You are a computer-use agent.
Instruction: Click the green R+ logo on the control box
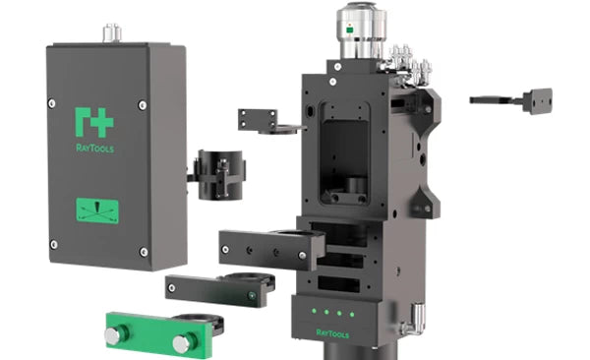(x=94, y=122)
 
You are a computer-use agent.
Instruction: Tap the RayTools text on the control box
(x=94, y=148)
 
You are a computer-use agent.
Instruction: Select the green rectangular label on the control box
(x=97, y=210)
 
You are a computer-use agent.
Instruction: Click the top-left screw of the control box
(x=52, y=103)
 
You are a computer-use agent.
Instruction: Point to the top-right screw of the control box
(x=143, y=105)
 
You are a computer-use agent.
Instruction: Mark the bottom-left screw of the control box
(x=54, y=244)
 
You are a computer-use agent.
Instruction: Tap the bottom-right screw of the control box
(x=144, y=252)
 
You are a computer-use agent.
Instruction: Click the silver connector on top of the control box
(x=112, y=32)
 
